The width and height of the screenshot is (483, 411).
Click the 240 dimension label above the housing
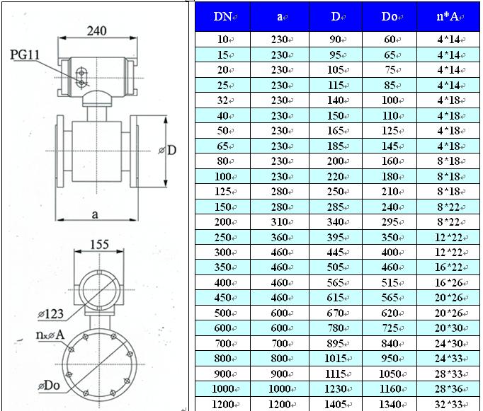pyautogui.click(x=97, y=30)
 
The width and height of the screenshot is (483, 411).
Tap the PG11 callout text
pyautogui.click(x=25, y=55)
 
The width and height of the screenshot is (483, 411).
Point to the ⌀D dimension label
pyautogui.click(x=167, y=150)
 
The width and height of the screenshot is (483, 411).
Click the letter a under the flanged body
pyautogui.click(x=95, y=214)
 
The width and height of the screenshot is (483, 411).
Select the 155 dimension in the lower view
pyautogui.click(x=99, y=245)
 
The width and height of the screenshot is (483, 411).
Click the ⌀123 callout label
pyautogui.click(x=50, y=314)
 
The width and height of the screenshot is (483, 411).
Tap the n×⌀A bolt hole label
pyautogui.click(x=50, y=335)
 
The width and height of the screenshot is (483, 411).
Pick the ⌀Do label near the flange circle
pyautogui.click(x=49, y=385)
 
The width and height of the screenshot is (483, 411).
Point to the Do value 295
pyautogui.click(x=390, y=222)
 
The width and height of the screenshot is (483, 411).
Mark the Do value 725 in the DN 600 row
pyautogui.click(x=390, y=328)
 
